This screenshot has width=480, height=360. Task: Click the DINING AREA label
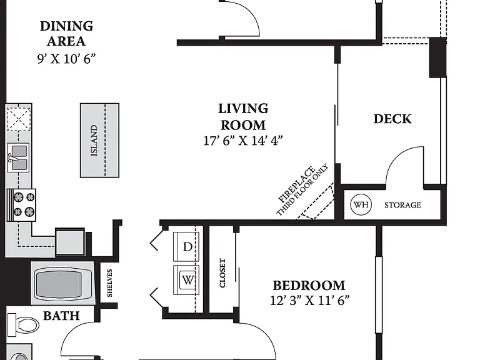pyautogui.click(x=66, y=34)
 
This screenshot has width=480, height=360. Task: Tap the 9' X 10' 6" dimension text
pyautogui.click(x=66, y=59)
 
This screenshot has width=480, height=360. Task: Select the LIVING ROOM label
pyautogui.click(x=243, y=117)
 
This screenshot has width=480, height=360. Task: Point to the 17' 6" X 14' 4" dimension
pyautogui.click(x=243, y=141)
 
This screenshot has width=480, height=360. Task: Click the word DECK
pyautogui.click(x=392, y=119)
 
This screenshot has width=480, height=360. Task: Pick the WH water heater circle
pyautogui.click(x=361, y=204)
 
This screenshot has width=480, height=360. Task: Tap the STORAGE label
pyautogui.click(x=402, y=205)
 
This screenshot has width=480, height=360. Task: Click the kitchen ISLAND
pyautogui.click(x=99, y=140)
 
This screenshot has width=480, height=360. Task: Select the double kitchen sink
pyautogui.click(x=19, y=157)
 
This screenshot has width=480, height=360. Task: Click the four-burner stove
pyautogui.click(x=21, y=205)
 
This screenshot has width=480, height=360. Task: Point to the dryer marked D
pyautogui.click(x=186, y=246)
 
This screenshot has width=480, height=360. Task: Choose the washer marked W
pyautogui.click(x=186, y=280)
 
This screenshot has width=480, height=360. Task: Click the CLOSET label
pyautogui.click(x=222, y=273)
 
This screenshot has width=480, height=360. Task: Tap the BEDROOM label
pyautogui.click(x=309, y=286)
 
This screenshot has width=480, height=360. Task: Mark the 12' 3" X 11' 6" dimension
pyautogui.click(x=309, y=301)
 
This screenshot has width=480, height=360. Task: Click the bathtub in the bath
pyautogui.click(x=62, y=283)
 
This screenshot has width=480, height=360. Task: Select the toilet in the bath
pyautogui.click(x=23, y=325)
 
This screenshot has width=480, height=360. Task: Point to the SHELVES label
pyautogui.click(x=109, y=283)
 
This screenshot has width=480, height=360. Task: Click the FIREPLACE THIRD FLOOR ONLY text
pyautogui.click(x=302, y=190)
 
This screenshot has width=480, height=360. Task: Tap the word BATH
pyautogui.click(x=61, y=316)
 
